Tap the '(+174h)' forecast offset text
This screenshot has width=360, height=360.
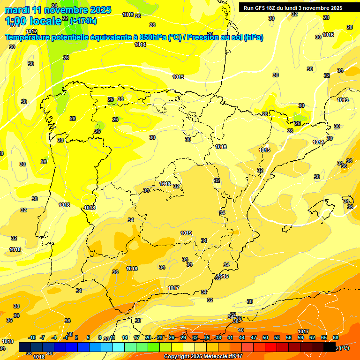tap(83, 21)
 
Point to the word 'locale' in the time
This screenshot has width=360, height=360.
tap(45, 21)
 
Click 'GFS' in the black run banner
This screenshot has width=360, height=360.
tap(262, 8)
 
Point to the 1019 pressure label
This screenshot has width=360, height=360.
tap(186, 233)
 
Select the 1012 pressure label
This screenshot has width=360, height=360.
tap(31, 31)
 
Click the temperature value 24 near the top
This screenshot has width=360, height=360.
tap(54, 6)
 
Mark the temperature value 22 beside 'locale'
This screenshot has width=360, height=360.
tap(65, 18)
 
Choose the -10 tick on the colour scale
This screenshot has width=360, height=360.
tap(32, 337)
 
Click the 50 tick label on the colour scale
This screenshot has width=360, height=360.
tap(265, 337)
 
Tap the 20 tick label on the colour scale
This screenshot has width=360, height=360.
tap(148, 337)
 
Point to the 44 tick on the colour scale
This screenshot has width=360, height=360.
tap(242, 337)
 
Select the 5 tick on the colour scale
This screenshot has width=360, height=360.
tap(88, 337)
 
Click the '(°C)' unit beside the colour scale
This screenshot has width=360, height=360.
tap(343, 348)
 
